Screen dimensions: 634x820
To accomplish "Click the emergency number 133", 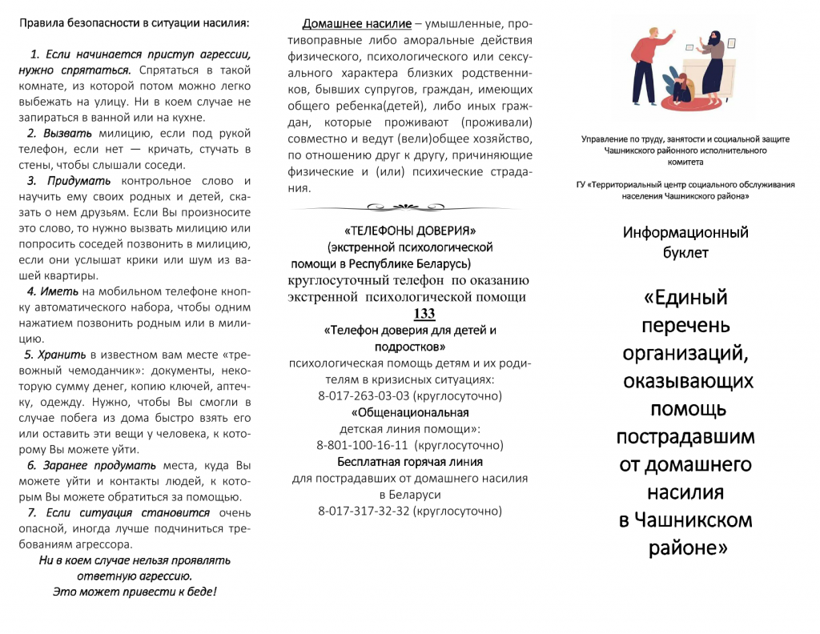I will click(x=424, y=314).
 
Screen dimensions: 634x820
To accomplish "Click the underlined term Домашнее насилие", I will click(x=356, y=24).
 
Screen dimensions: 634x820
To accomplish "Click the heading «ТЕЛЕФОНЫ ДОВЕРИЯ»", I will click(x=410, y=231).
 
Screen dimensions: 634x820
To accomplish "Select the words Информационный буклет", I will click(x=685, y=242).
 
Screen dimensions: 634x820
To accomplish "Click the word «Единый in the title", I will click(x=685, y=298).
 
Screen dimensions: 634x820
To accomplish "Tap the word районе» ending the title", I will click(x=685, y=548).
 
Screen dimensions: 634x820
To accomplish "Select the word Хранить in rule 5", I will click(x=60, y=354).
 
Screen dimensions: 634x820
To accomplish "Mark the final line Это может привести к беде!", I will click(x=135, y=592).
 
